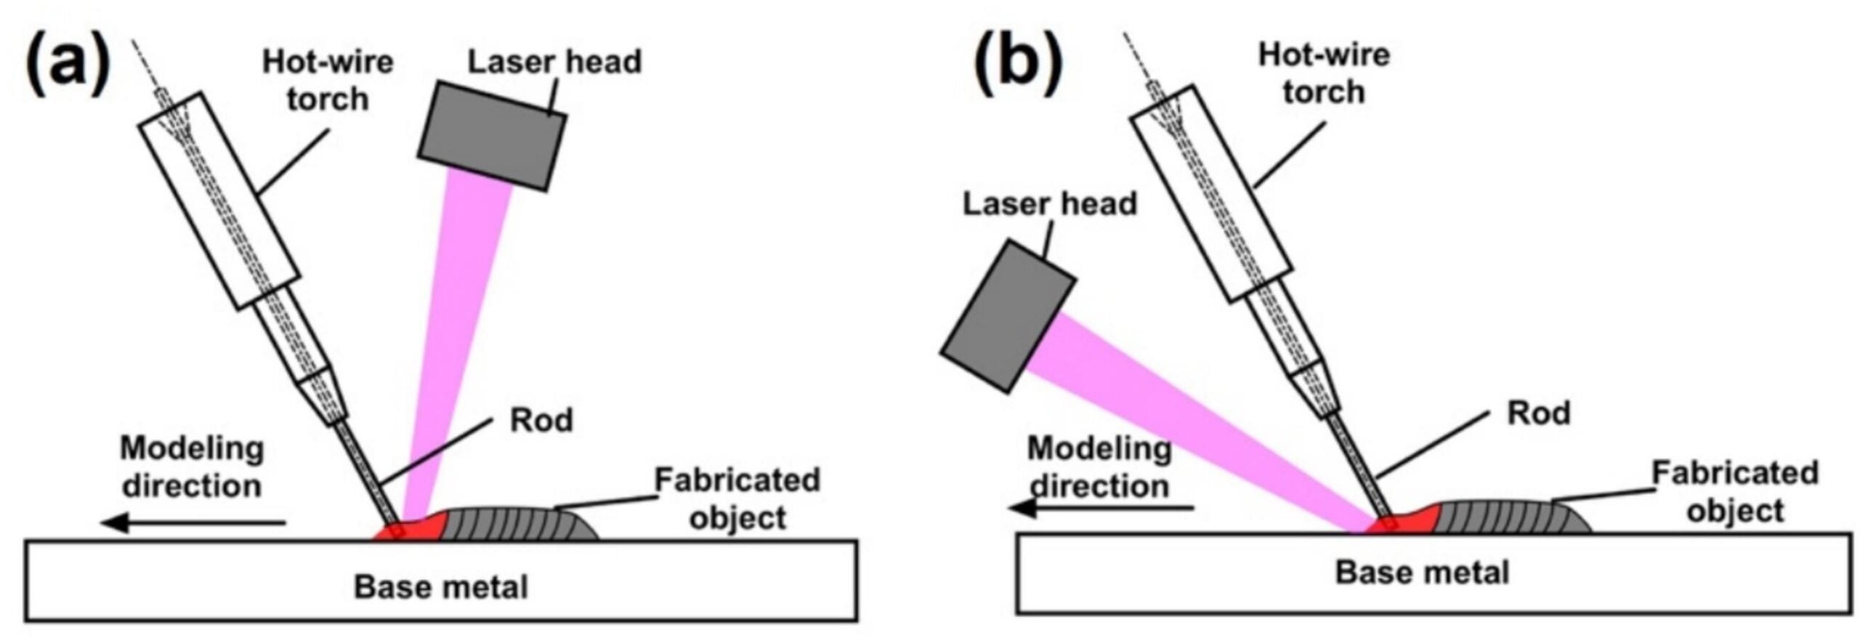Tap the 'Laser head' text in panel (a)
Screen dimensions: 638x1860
(554, 62)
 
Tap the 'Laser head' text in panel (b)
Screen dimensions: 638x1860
(1049, 204)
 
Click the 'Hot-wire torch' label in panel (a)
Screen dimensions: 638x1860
(327, 80)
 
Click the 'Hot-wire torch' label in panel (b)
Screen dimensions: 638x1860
(1323, 73)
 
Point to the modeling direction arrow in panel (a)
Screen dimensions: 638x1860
(193, 521)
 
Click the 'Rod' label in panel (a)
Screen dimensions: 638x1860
(541, 420)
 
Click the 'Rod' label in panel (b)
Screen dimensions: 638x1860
(1538, 413)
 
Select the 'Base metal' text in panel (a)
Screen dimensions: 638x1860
(440, 586)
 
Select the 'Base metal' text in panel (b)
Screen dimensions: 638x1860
(1422, 572)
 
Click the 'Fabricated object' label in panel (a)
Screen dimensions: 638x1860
(737, 498)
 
